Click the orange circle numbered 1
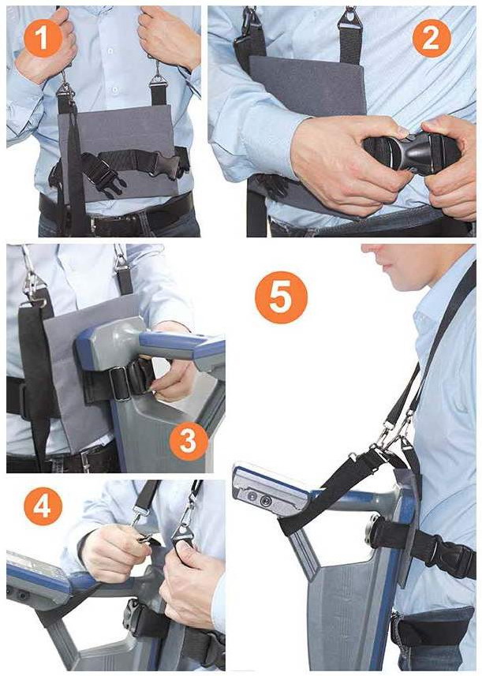[43, 38]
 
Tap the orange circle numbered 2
[432, 38]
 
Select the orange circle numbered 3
[189, 441]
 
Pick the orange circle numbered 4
[43, 506]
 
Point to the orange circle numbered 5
[281, 297]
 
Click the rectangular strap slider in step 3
[120, 383]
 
